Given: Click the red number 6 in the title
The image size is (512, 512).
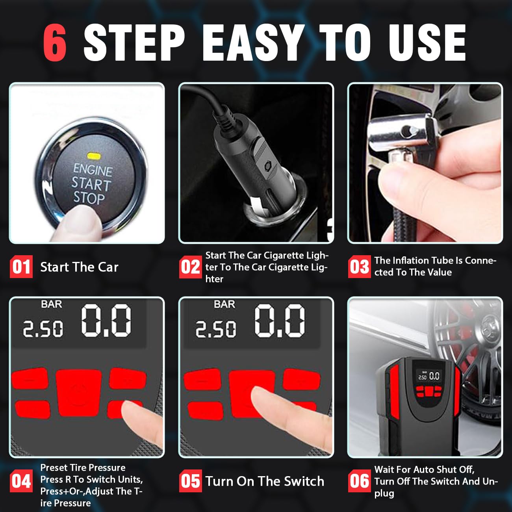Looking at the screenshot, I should click(x=55, y=43).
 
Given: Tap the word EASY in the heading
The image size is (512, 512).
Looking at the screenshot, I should click(x=254, y=43).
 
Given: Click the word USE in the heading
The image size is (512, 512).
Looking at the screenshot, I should click(x=427, y=43).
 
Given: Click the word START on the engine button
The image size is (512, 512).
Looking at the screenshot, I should click(x=91, y=184).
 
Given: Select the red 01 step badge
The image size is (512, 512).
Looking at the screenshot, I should click(x=21, y=267).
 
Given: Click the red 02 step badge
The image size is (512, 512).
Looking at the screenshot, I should click(x=190, y=267).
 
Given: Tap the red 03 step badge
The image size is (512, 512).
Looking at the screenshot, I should click(x=359, y=267).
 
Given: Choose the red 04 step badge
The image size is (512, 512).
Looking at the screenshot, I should click(x=21, y=481).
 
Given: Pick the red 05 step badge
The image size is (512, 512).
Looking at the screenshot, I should click(x=190, y=481).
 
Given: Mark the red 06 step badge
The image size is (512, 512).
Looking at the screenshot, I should click(x=359, y=481).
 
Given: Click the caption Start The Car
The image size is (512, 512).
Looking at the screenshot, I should click(x=79, y=267).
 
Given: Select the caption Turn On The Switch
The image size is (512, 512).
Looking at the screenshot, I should click(x=265, y=481).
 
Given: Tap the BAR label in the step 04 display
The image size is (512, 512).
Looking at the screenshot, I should click(x=52, y=304).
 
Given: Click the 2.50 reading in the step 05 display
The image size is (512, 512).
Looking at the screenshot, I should click(x=215, y=329).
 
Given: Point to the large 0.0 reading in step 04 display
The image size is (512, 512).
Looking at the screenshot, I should click(x=106, y=321).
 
